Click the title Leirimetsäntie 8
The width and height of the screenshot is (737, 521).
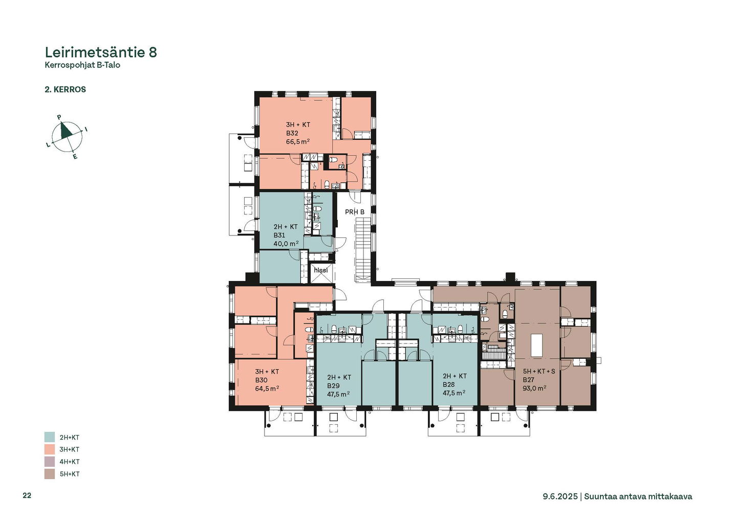pos(101,52)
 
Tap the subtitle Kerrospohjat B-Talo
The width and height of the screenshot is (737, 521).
pos(82,65)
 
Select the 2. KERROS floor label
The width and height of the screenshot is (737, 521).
pos(66,90)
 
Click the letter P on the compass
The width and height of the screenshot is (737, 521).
pos(59,117)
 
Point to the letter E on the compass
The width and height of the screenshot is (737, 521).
pos(75,157)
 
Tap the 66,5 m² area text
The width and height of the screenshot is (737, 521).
pos(298,142)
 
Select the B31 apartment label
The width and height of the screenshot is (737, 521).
pos(279,235)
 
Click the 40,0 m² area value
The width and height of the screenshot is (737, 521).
pos(286,244)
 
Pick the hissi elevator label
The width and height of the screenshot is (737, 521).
pos(321,270)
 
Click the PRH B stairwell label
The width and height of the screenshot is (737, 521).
pos(355,212)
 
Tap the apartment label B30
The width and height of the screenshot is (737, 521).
pos(261,380)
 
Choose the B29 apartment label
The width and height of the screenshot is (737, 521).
pos(333,386)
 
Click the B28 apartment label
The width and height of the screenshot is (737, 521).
pos(449,384)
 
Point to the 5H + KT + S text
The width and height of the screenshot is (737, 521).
pos(539,372)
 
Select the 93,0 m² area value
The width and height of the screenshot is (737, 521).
pos(535,388)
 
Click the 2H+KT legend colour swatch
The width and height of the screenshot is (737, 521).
pos(50,437)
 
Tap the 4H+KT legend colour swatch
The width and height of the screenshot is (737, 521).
pos(50,462)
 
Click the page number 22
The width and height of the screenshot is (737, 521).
pos(27,496)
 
